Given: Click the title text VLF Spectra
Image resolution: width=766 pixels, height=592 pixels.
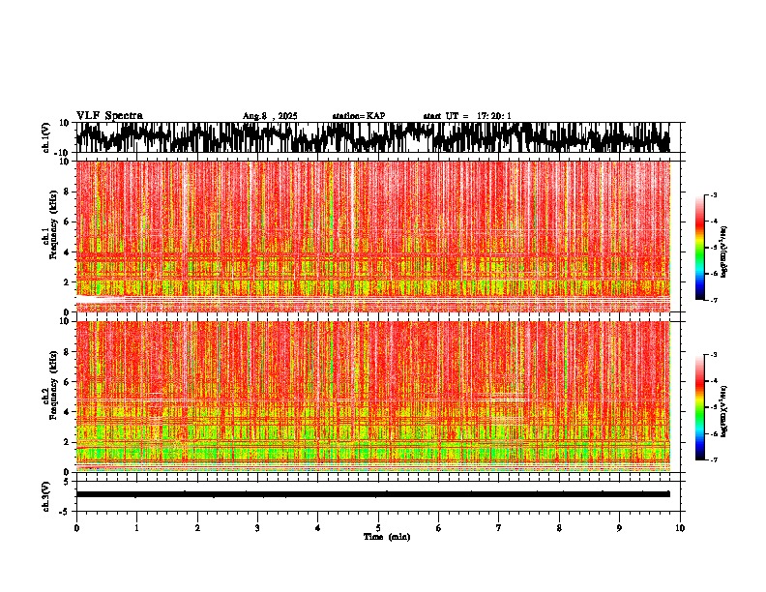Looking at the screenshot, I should [x=109, y=116].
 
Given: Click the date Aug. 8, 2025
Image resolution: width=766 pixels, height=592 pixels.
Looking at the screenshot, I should [x=270, y=116].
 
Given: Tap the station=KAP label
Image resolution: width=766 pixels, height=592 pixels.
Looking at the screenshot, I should [x=359, y=116].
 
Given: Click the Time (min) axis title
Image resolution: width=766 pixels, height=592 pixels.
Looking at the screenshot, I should [x=386, y=537].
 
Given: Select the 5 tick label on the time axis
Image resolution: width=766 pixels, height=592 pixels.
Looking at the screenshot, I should [x=378, y=528].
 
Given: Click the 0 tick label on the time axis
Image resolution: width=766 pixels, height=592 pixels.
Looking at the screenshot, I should [x=76, y=528].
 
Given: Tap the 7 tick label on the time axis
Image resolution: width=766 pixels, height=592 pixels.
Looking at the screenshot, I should [x=499, y=528].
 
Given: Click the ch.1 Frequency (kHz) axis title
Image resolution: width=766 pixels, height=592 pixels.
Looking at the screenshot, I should [x=47, y=236].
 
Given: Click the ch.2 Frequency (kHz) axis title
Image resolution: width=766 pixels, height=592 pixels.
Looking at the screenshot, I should [x=47, y=396].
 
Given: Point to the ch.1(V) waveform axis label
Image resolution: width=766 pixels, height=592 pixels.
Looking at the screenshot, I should [x=47, y=137].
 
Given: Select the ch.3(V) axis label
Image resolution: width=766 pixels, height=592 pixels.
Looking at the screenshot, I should [x=47, y=494].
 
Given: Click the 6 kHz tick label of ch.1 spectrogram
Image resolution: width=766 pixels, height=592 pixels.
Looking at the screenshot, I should [x=67, y=222].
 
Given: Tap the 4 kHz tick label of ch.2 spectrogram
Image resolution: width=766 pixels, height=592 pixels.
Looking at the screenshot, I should [x=67, y=411].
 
